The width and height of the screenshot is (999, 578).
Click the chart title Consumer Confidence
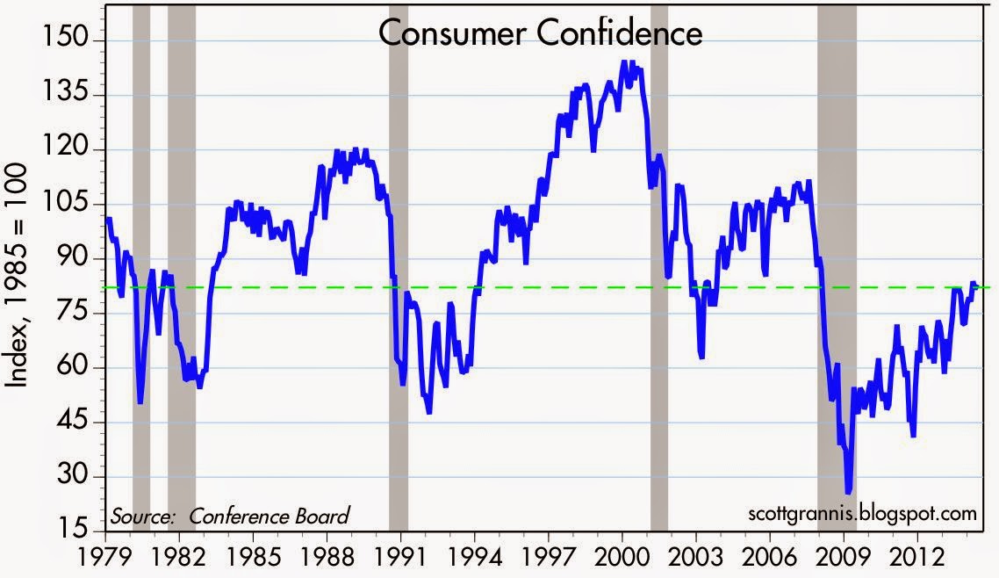tap(541, 33)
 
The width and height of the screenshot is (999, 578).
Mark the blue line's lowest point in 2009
tap(848, 492)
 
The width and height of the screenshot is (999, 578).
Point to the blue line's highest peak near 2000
tap(623, 62)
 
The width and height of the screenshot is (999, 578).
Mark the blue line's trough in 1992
tap(428, 411)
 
